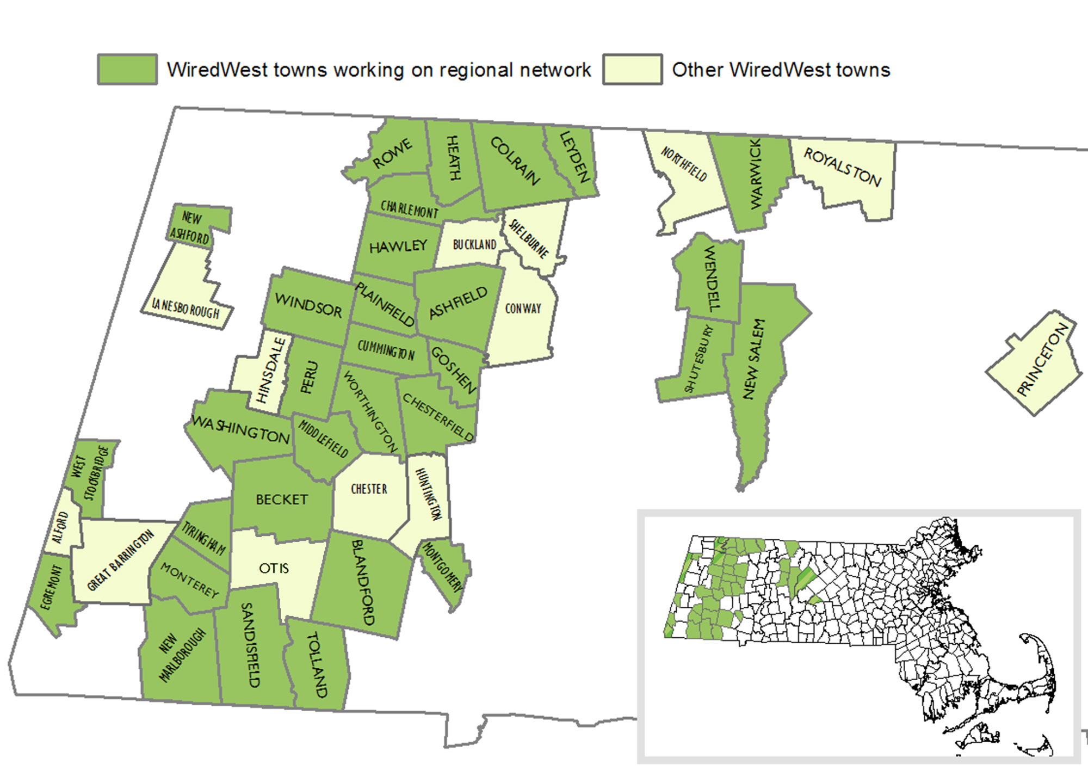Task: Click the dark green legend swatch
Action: coord(127,69)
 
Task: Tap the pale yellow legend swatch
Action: coord(632,69)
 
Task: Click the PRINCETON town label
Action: coord(1042,360)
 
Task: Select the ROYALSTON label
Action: coord(842,167)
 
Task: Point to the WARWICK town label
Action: coord(756,174)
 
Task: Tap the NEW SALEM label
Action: coord(753,359)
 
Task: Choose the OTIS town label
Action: coord(274,569)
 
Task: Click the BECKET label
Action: coord(282,500)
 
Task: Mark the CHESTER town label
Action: coord(369,489)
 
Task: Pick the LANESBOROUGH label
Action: coord(186,309)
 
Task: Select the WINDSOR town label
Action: coord(308,305)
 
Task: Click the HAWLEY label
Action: coord(398,247)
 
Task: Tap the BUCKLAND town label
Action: coord(474,245)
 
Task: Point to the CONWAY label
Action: coord(523,309)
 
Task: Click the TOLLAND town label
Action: coord(318,664)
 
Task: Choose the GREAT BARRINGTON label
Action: coord(121,560)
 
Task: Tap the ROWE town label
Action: coord(392,153)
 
